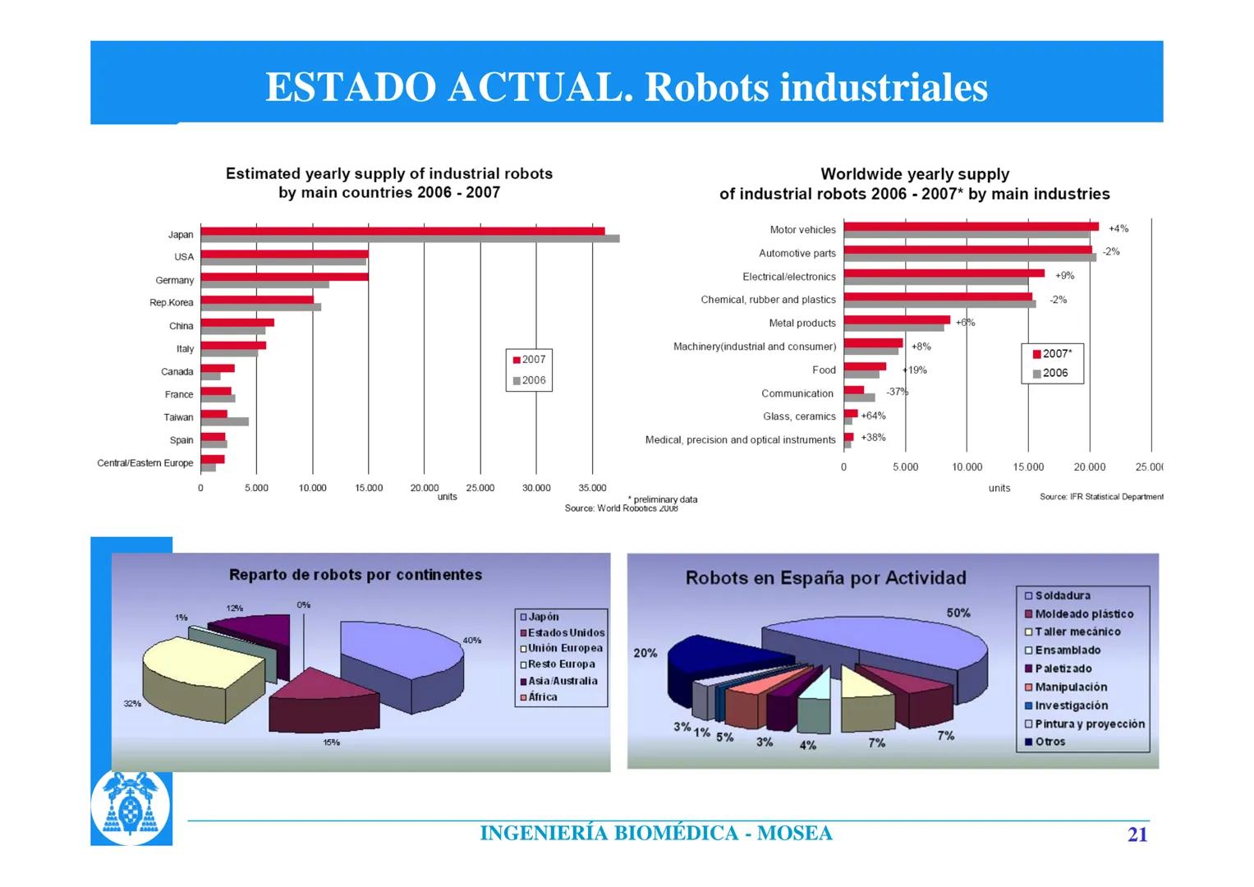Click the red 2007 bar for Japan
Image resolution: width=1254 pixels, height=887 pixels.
[x=402, y=231]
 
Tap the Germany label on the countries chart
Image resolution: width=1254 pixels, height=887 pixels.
[x=174, y=280]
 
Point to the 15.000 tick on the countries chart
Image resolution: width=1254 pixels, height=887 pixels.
[x=369, y=488]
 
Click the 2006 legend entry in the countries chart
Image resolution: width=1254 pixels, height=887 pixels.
[x=529, y=380]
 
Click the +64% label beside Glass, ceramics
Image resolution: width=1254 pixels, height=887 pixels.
[x=873, y=416]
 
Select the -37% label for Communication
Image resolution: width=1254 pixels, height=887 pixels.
[x=897, y=392]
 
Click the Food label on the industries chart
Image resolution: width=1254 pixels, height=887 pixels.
[x=824, y=370]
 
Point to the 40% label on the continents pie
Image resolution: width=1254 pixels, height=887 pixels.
[x=472, y=640]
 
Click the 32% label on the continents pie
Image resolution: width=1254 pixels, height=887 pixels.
[x=132, y=704]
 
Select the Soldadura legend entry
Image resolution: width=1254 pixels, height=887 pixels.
[x=1062, y=595]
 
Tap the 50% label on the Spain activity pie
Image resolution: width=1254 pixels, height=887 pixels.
[x=958, y=613]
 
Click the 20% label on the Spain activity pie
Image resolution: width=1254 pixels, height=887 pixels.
[x=645, y=653]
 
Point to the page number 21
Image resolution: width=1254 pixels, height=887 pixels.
[x=1137, y=834]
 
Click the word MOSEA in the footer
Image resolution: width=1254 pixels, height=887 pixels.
[x=794, y=834]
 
